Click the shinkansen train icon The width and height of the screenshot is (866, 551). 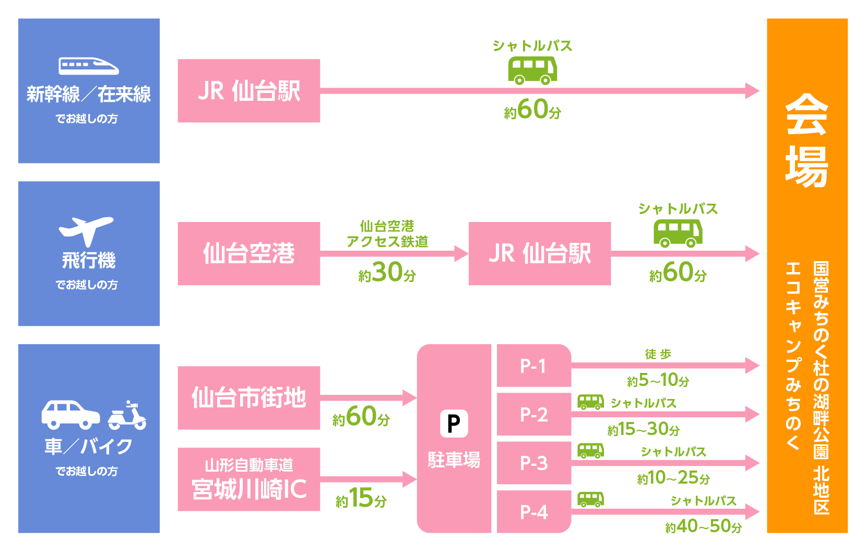pyautogui.click(x=89, y=66)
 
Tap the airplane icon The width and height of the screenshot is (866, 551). pyautogui.click(x=86, y=230)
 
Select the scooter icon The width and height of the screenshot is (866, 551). pyautogui.click(x=127, y=416)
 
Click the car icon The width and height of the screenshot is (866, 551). pyautogui.click(x=70, y=414)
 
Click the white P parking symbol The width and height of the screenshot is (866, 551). pyautogui.click(x=454, y=424)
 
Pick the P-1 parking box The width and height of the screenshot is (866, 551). pyautogui.click(x=533, y=366)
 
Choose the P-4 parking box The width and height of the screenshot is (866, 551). pyautogui.click(x=533, y=512)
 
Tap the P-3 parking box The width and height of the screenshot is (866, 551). pyautogui.click(x=533, y=463)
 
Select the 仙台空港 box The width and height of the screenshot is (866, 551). pyautogui.click(x=249, y=254)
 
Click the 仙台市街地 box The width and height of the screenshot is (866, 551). pyautogui.click(x=249, y=398)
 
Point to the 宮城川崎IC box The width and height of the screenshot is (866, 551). pyautogui.click(x=249, y=479)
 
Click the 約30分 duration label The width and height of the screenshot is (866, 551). pyautogui.click(x=387, y=273)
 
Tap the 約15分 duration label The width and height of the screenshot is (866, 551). pyautogui.click(x=361, y=498)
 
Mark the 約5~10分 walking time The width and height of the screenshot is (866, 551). pyautogui.click(x=658, y=380)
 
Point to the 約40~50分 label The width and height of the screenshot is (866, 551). pyautogui.click(x=703, y=526)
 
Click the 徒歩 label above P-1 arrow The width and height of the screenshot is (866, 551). pyautogui.click(x=658, y=354)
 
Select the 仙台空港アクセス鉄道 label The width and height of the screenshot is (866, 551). pyautogui.click(x=387, y=234)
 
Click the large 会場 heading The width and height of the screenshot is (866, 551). pyautogui.click(x=806, y=140)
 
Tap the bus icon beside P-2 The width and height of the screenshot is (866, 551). pyautogui.click(x=590, y=402)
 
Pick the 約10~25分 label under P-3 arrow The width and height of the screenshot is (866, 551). pyautogui.click(x=673, y=478)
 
